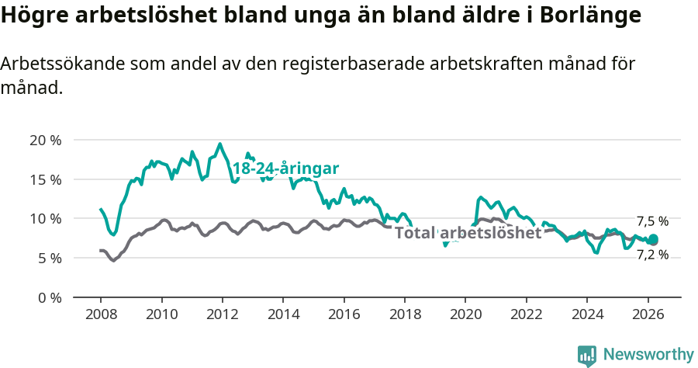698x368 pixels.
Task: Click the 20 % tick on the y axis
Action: click(x=46, y=141)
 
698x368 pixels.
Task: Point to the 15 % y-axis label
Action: click(x=46, y=179)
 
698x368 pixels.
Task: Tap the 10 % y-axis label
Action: click(x=46, y=219)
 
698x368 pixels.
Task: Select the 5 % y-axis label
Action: click(x=50, y=258)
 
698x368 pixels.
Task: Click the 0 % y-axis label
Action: click(x=50, y=297)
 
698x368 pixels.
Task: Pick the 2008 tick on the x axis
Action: click(x=101, y=315)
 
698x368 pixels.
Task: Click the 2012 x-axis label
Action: click(x=223, y=315)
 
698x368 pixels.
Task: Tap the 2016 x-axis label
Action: click(x=344, y=315)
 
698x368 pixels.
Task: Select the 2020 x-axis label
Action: click(x=465, y=315)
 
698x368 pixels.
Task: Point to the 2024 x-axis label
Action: click(x=587, y=315)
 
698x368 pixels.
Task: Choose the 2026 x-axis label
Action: click(x=648, y=315)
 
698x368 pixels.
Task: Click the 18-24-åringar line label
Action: click(x=285, y=168)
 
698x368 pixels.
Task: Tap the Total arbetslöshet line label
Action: click(x=468, y=232)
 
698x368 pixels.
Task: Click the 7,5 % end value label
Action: click(x=652, y=221)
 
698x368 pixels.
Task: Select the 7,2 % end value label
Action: click(x=652, y=254)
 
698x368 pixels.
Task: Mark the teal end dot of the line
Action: click(x=653, y=239)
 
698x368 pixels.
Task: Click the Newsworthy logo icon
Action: click(x=587, y=356)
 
